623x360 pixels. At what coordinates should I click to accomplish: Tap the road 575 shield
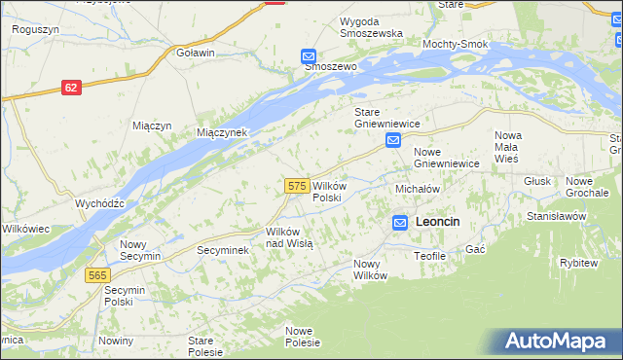(x=298, y=185)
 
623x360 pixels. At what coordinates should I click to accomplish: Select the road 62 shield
(x=70, y=88)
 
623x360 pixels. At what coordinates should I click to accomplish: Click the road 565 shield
(x=95, y=275)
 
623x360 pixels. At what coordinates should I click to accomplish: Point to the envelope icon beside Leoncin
(x=400, y=223)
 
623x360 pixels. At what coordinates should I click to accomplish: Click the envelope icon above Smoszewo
(x=309, y=56)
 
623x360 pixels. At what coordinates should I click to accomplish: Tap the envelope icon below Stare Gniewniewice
(x=392, y=141)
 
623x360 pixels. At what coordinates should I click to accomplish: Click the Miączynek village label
(x=223, y=132)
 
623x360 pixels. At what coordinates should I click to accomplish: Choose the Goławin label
(x=194, y=53)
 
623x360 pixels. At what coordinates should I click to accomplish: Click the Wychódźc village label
(x=100, y=203)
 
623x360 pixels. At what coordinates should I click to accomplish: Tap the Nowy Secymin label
(x=140, y=249)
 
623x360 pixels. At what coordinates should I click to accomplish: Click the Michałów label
(x=418, y=189)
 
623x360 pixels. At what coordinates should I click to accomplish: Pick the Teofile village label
(x=429, y=255)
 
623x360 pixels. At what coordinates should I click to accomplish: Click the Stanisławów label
(x=555, y=216)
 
